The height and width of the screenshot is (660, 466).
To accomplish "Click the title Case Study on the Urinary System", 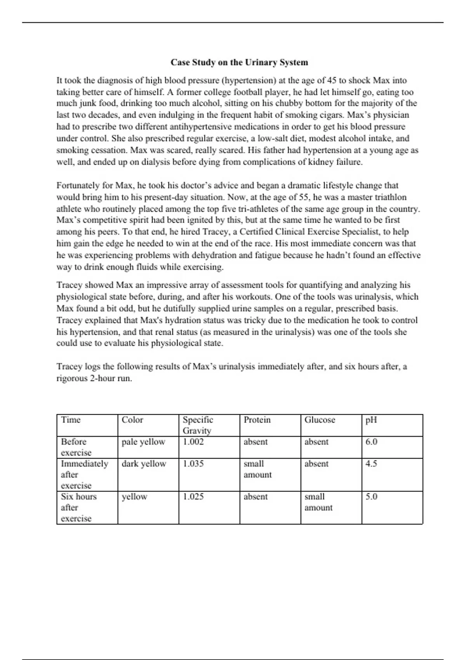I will tap(239, 63).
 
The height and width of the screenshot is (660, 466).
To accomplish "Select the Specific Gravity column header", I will tap(198, 425).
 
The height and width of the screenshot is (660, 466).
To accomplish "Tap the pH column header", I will tap(371, 420).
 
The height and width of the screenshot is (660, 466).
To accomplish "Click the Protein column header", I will tap(257, 420).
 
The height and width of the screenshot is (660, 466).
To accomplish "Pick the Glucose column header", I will tap(320, 420).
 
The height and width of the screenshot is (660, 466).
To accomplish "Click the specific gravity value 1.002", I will tap(193, 442).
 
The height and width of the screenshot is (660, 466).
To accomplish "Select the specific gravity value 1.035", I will tap(193, 464).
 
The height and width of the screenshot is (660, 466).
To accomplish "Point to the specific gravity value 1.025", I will tap(193, 497).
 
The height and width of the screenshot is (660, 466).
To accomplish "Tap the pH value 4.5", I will tap(371, 464).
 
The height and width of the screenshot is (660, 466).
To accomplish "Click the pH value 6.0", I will tap(371, 442).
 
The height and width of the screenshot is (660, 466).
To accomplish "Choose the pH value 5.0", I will tap(371, 497).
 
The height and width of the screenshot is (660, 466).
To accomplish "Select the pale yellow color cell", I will tap(143, 442).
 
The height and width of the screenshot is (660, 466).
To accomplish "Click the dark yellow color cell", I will tap(144, 464).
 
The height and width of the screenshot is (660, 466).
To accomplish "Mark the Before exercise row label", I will tap(76, 447).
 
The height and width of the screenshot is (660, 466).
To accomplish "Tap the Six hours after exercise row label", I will tap(78, 507).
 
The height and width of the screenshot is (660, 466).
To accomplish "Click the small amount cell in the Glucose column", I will tap(318, 502).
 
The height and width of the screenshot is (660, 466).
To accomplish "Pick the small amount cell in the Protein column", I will tap(257, 469).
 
